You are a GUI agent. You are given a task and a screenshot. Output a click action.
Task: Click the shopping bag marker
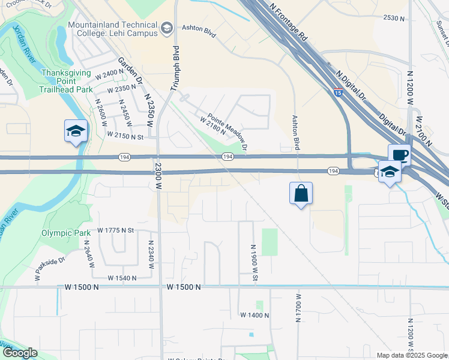301,194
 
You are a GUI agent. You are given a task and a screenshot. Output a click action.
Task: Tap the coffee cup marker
399,155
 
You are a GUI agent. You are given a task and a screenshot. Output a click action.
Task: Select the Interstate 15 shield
339,93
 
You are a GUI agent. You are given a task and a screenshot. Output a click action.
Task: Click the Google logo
19,353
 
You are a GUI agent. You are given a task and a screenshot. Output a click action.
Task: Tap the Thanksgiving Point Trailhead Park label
67,81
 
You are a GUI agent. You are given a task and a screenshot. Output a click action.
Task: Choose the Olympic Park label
65,233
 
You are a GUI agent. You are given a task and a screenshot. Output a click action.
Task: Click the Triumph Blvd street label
175,68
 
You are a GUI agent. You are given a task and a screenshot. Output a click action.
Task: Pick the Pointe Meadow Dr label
228,132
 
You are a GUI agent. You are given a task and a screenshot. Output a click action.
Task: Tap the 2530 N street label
394,19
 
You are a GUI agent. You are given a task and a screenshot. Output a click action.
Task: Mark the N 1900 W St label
255,262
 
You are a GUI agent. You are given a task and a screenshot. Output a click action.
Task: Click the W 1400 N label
255,315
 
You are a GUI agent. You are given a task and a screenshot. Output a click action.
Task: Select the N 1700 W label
298,308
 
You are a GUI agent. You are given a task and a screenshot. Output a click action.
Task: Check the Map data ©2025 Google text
412,355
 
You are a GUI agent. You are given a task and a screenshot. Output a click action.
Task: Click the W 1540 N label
122,278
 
